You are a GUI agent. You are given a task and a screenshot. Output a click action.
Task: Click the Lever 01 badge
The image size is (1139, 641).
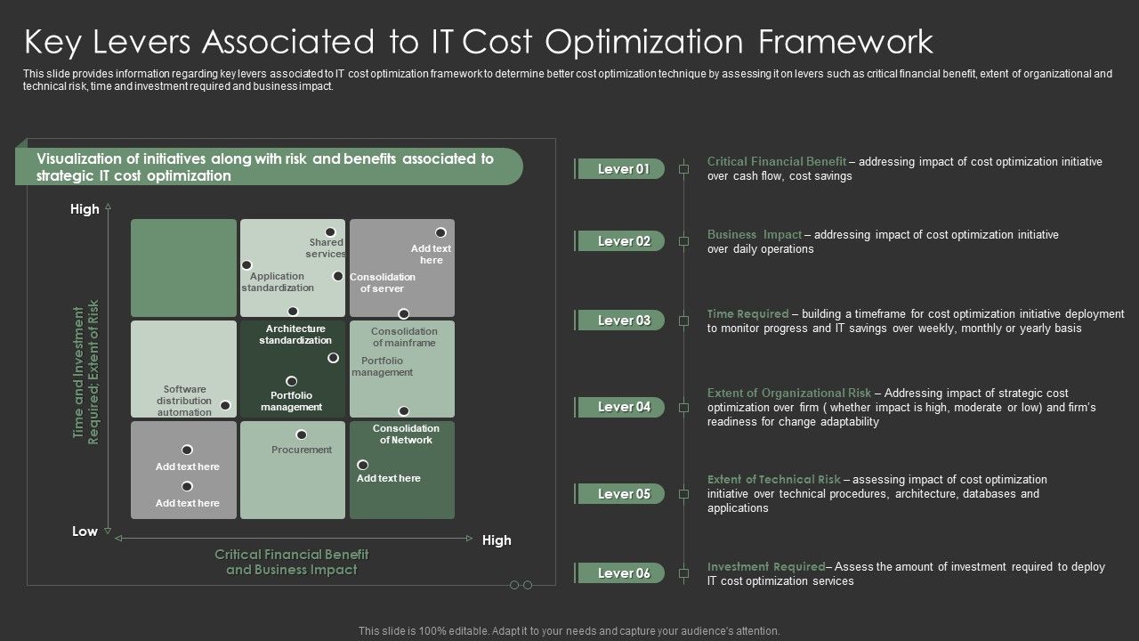(x=623, y=169)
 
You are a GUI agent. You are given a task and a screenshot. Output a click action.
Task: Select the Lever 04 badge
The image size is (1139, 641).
(x=623, y=407)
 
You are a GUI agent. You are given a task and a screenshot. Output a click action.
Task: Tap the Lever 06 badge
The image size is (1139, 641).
(x=623, y=573)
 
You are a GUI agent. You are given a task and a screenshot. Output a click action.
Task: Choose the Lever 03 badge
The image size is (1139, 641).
(x=623, y=320)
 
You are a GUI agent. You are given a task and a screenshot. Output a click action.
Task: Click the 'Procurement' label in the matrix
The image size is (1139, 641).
(x=302, y=450)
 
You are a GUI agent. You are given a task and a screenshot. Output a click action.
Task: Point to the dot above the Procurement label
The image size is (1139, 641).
(x=302, y=434)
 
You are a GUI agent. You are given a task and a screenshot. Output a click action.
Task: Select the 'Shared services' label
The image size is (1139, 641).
(x=327, y=248)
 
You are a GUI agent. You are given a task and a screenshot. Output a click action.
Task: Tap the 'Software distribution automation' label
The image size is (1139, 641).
(x=185, y=401)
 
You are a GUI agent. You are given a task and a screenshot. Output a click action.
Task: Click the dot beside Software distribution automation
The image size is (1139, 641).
(x=226, y=405)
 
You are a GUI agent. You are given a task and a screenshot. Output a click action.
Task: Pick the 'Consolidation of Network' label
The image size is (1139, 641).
(x=406, y=434)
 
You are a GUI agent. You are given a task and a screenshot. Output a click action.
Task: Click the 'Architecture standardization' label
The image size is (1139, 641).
(x=295, y=335)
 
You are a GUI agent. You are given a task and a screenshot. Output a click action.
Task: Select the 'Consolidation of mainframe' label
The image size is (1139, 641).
(x=404, y=337)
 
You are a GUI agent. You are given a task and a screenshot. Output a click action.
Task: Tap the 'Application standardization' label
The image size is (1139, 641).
(x=278, y=282)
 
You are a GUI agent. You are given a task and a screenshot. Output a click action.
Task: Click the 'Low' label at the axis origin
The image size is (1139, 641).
(x=85, y=531)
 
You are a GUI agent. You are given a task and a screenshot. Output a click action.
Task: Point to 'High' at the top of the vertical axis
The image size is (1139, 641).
(x=85, y=209)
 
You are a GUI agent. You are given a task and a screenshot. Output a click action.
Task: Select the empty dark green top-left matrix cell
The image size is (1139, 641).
(x=184, y=267)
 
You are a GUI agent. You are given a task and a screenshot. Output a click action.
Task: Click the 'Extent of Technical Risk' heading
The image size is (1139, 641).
(x=773, y=479)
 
